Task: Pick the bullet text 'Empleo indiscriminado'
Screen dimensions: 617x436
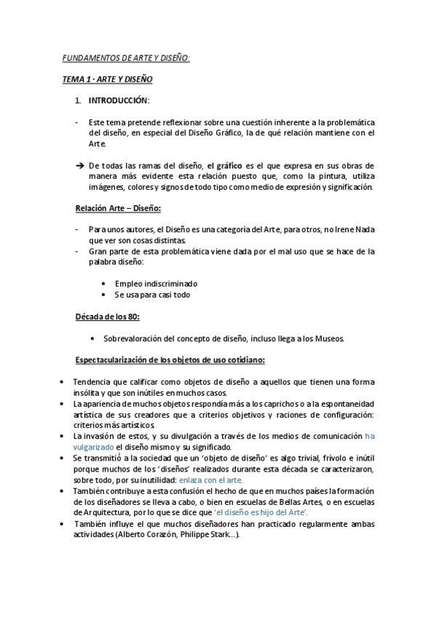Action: click(x=156, y=283)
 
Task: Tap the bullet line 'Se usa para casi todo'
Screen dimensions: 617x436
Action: click(x=152, y=295)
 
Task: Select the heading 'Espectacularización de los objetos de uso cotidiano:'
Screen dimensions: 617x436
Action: click(x=170, y=360)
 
